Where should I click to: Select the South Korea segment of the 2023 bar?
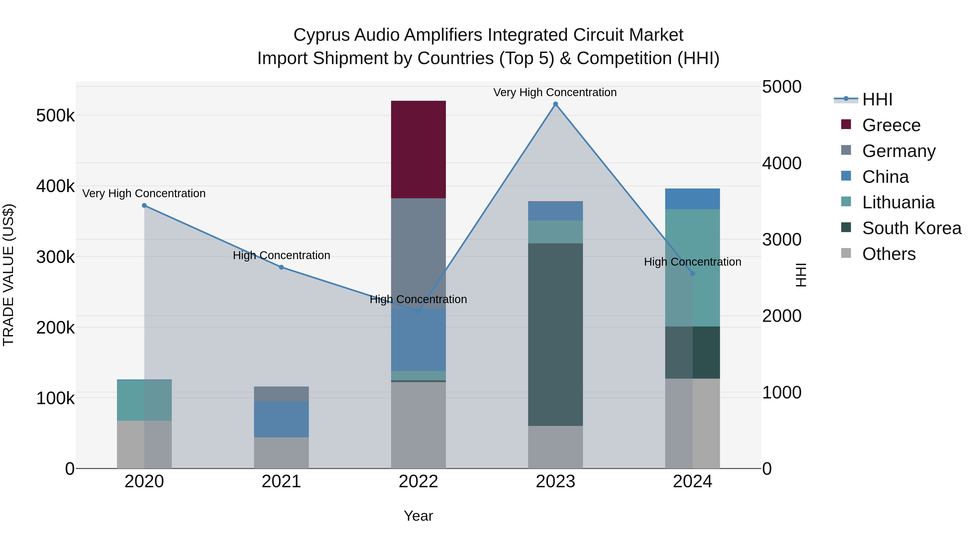555,334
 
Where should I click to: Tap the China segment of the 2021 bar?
281,419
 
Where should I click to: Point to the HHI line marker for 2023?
555,104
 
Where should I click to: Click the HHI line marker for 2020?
144,205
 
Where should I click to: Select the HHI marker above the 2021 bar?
281,267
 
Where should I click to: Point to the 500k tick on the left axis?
55,115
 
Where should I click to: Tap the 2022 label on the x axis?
418,482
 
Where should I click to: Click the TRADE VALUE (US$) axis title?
9,275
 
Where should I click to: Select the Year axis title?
418,516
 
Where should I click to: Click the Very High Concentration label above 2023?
555,92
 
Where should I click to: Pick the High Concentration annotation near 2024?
692,262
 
